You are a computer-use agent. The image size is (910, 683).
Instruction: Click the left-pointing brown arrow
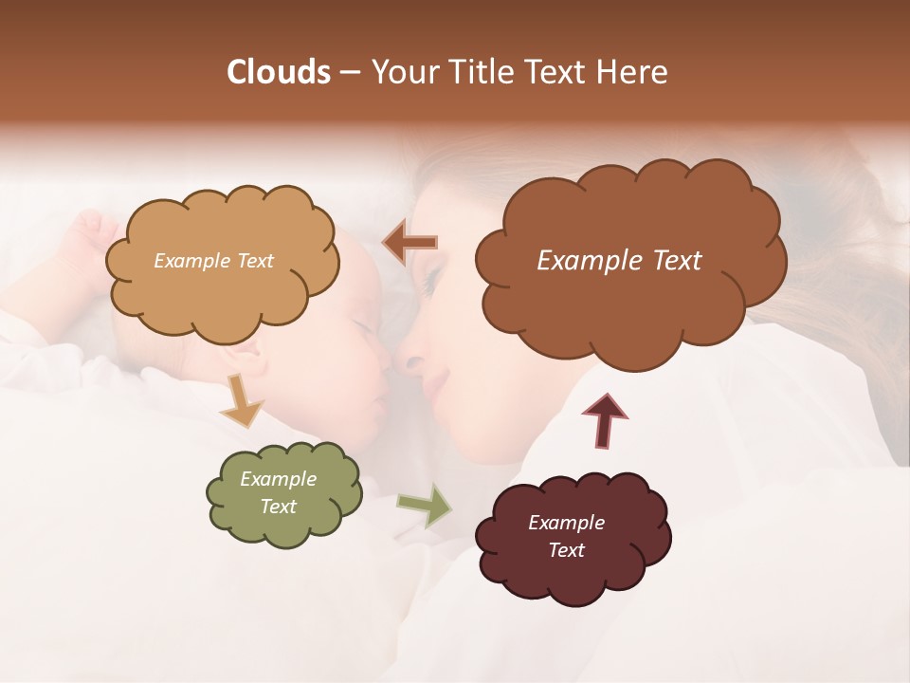410,243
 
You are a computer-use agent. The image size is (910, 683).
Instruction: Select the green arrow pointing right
425,504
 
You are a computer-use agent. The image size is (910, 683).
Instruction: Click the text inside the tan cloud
213,260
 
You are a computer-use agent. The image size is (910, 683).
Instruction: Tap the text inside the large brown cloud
619,260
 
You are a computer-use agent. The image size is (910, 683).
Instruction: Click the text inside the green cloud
278,492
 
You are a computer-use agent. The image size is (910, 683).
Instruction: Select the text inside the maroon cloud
566,536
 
